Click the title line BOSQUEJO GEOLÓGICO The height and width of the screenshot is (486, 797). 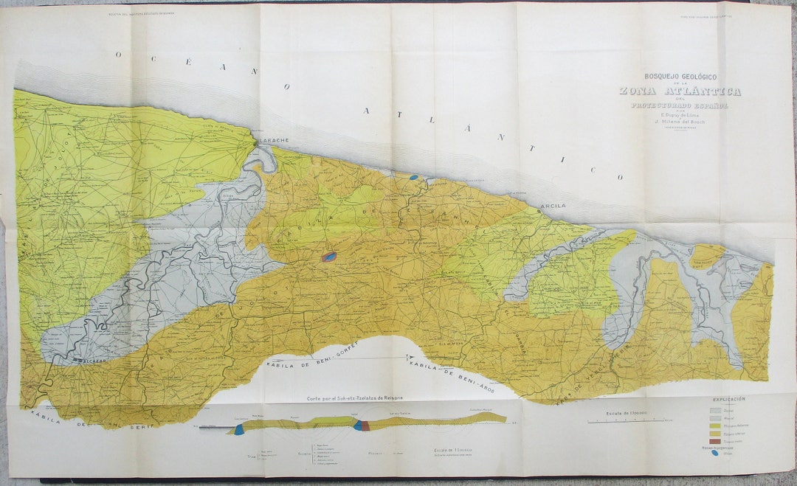click(680, 77)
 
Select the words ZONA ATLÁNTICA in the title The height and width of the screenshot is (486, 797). click(680, 91)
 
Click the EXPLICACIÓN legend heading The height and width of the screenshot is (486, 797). click(728, 399)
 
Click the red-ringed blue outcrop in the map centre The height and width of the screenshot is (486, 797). click(329, 257)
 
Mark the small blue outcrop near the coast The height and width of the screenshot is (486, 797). click(414, 177)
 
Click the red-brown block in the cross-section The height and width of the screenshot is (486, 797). click(365, 426)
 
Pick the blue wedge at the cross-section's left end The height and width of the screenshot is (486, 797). click(238, 429)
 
